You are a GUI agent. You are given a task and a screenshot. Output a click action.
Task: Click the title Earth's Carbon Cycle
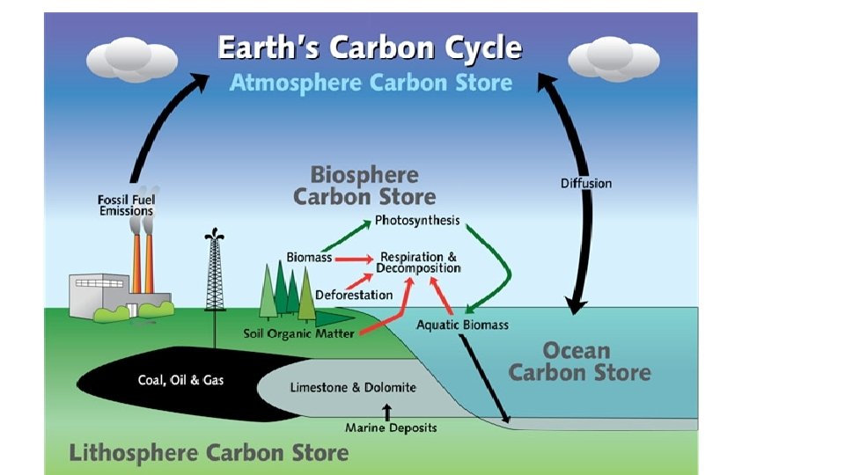click(370, 47)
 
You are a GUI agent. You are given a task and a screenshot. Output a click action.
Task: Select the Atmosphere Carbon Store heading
click(370, 83)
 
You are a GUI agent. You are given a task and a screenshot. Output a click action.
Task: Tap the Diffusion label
click(585, 183)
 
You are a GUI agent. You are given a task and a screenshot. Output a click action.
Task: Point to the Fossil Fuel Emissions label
click(125, 205)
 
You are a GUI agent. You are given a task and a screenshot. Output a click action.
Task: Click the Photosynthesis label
click(417, 219)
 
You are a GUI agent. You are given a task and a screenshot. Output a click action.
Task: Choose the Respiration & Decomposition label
click(419, 261)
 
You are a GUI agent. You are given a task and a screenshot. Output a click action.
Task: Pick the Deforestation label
click(354, 295)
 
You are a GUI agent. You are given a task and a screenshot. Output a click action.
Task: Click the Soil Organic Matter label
click(298, 333)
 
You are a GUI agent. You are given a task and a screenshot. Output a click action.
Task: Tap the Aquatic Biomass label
click(461, 325)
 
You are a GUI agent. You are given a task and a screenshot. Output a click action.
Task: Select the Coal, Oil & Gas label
click(181, 380)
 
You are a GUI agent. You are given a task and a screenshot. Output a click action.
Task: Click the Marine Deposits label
click(390, 428)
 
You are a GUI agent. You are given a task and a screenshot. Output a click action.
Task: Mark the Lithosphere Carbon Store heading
click(209, 453)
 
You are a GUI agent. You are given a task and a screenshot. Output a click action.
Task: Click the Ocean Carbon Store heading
click(579, 362)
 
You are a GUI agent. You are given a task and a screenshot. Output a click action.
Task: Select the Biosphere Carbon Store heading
click(364, 185)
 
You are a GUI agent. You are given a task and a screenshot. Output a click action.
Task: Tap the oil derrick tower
click(213, 273)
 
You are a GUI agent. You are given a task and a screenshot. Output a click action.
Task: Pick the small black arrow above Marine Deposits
click(386, 411)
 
